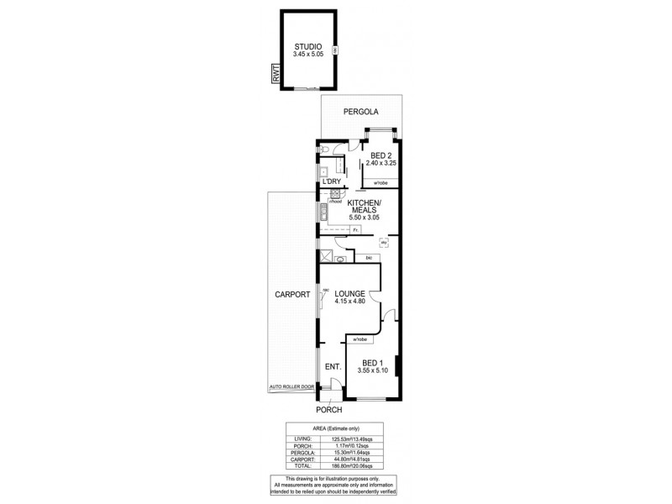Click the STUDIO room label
pyautogui.click(x=308, y=47)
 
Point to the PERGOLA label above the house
pyautogui.click(x=360, y=112)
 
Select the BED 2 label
pyautogui.click(x=381, y=154)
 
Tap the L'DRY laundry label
pyautogui.click(x=331, y=182)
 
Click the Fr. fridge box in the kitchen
pyautogui.click(x=356, y=229)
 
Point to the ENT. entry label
pyautogui.click(x=332, y=366)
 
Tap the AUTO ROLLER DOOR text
pyautogui.click(x=291, y=387)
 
